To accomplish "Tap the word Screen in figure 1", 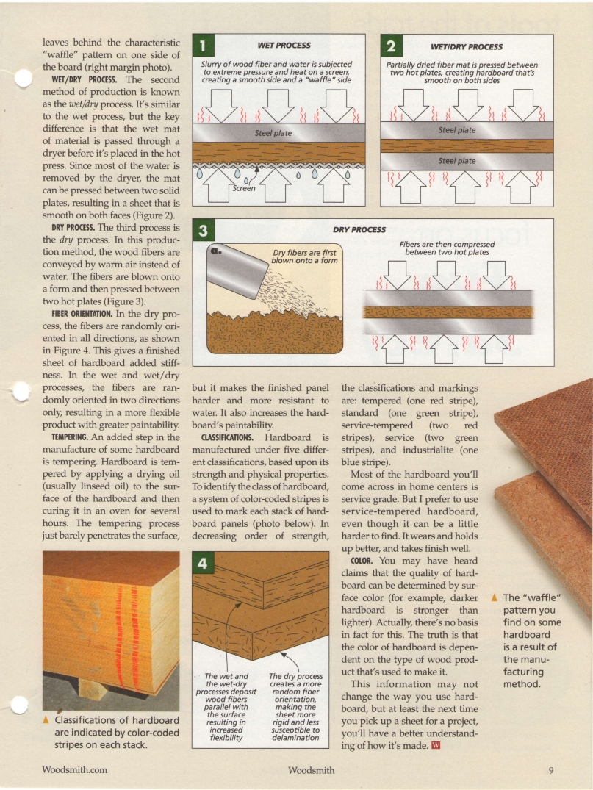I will pos(244,188).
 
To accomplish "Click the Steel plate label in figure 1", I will pos(273,133).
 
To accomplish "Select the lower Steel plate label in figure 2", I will pos(456,161).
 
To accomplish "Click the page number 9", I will pos(550,770).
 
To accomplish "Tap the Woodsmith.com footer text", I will pos(75,770).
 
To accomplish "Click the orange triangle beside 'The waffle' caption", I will pos(497,597).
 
